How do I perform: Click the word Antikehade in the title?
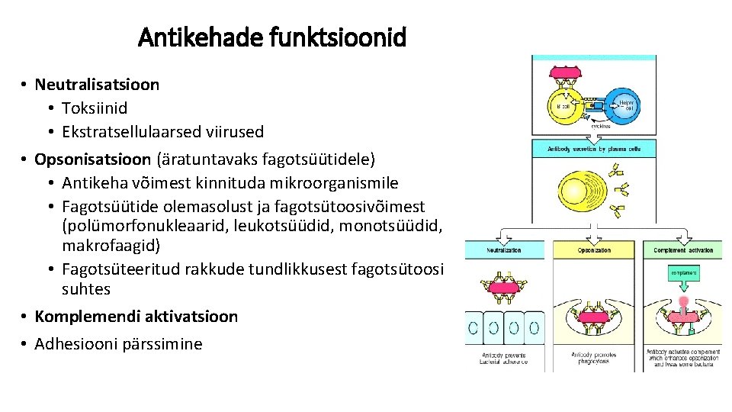tap(200, 36)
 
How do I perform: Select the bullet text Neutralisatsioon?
tap(97, 84)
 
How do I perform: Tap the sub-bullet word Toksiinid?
tap(95, 108)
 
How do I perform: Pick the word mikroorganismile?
tap(337, 183)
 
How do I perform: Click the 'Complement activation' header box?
tap(683, 250)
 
